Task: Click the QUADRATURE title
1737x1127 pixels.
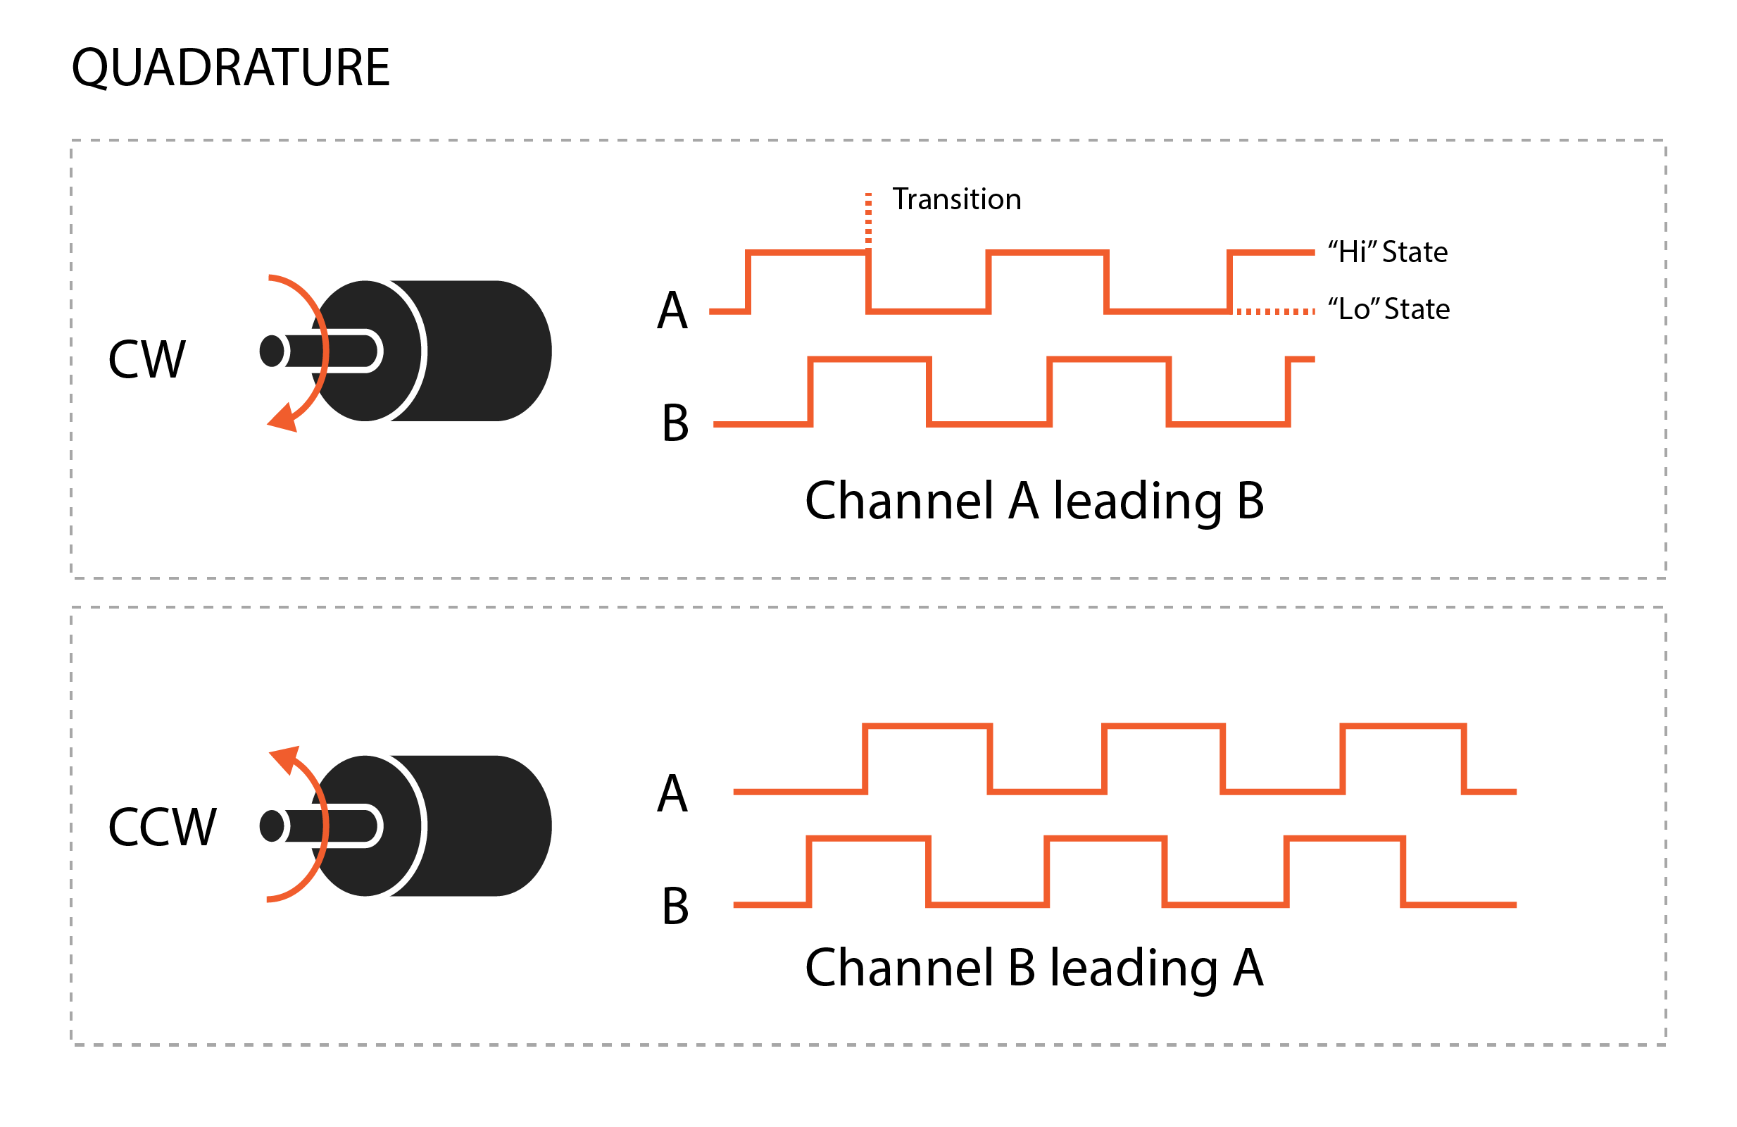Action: tap(231, 68)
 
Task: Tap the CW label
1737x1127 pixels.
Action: tap(147, 359)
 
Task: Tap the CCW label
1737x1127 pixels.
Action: tap(163, 827)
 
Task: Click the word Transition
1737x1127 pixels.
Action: tap(956, 199)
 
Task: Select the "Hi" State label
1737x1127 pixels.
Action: tap(1387, 252)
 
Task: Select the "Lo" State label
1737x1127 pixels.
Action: tap(1389, 309)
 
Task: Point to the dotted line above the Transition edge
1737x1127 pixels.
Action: tap(869, 218)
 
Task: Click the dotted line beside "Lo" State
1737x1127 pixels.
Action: tap(1275, 311)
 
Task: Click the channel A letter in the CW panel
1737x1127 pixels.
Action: tap(672, 310)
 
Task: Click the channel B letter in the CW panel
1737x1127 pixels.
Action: tap(675, 423)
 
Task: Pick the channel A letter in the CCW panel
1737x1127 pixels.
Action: tap(672, 793)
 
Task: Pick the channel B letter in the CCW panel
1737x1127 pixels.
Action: tap(675, 907)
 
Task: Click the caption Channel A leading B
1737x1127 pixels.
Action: tap(1034, 502)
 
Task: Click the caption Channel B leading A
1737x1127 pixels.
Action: tap(1034, 969)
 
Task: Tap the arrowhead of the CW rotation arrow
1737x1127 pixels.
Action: tap(283, 418)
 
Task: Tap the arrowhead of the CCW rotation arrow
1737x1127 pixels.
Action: tap(284, 761)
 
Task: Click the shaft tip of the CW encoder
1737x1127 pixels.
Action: tap(272, 351)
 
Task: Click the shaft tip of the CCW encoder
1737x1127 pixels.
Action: tap(272, 826)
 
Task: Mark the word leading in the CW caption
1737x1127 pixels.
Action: tap(1137, 504)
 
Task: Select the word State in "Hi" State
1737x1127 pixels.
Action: tap(1415, 252)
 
